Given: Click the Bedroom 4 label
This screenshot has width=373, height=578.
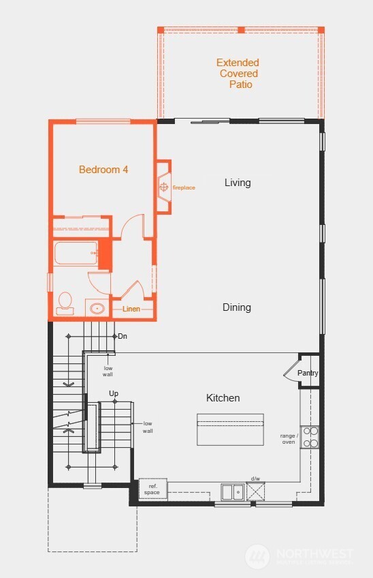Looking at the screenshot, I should (103, 170).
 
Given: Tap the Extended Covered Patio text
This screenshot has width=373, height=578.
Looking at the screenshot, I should (238, 74).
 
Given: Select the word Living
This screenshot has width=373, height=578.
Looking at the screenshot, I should (238, 183).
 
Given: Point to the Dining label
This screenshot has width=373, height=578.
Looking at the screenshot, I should (237, 307).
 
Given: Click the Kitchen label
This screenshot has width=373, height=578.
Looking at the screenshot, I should (223, 398).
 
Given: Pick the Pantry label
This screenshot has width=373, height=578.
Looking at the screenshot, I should (308, 374).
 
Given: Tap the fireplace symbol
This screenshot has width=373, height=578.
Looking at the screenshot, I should (163, 185).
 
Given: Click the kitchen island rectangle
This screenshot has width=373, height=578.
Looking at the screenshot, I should (230, 429).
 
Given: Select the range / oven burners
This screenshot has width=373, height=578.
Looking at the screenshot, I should (310, 437).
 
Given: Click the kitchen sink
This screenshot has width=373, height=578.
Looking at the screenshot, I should (233, 491).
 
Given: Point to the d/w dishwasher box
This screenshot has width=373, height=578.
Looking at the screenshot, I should (256, 489).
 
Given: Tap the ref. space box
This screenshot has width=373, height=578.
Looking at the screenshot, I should (152, 489).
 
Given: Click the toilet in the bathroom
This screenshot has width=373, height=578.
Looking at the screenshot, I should (66, 302).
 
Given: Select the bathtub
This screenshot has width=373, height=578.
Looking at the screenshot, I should (76, 253).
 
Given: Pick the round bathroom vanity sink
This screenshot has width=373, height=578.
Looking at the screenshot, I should (97, 309).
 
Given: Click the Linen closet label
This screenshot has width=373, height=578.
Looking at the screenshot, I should (131, 309).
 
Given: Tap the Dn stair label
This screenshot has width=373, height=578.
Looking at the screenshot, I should (123, 336).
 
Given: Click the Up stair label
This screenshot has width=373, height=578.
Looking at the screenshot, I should (114, 394).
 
